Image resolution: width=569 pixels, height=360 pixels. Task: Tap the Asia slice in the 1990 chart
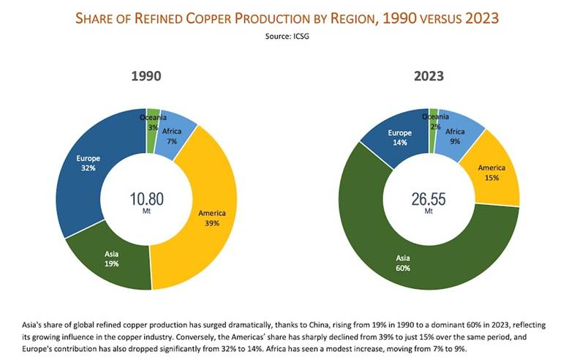click(x=110, y=260)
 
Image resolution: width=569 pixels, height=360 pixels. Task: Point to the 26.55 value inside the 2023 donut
click(x=428, y=198)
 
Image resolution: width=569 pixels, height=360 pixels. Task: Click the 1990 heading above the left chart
click(x=146, y=76)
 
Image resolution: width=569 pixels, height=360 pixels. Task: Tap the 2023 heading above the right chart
click(x=429, y=76)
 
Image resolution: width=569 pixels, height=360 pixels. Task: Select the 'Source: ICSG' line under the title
click(x=284, y=34)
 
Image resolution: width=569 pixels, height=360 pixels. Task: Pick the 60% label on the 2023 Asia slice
click(x=404, y=269)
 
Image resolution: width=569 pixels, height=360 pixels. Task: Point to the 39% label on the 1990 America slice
click(x=211, y=222)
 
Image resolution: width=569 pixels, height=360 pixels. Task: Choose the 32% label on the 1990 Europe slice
click(x=88, y=167)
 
